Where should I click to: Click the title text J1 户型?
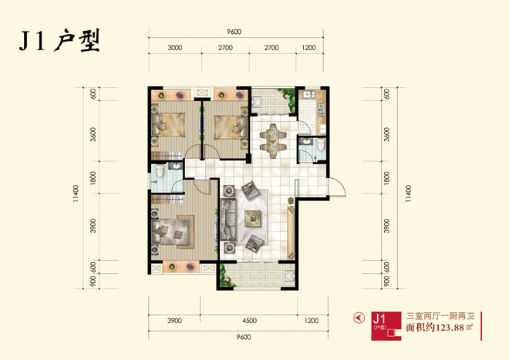(59, 41)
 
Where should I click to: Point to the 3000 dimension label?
(174, 48)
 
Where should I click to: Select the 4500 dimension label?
(249, 321)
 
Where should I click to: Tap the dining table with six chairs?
(273, 141)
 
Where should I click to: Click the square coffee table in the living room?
(252, 217)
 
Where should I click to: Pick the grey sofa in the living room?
(228, 220)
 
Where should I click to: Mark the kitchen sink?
(308, 95)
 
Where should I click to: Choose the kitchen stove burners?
(321, 109)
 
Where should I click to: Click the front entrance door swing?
(337, 187)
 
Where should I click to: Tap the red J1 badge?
(386, 325)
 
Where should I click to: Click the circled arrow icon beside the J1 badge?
(359, 318)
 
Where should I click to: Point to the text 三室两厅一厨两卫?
(440, 315)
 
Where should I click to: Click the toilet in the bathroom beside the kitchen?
(321, 145)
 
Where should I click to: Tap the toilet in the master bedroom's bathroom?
(160, 170)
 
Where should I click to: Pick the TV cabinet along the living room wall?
(291, 233)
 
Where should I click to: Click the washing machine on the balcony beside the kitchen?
(258, 102)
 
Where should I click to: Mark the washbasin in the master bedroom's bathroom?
(176, 167)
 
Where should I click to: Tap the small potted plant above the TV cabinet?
(291, 200)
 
